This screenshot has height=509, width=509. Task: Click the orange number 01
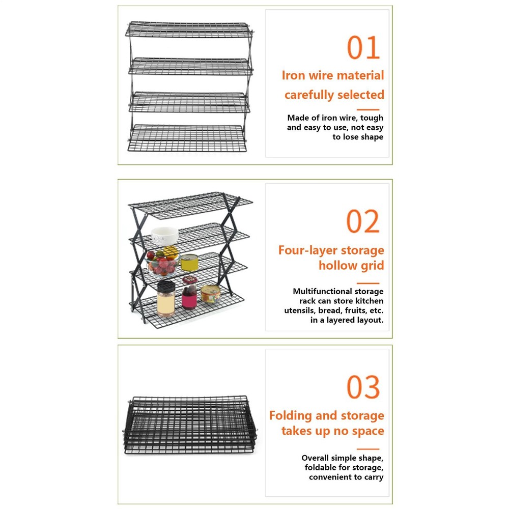pyautogui.click(x=363, y=48)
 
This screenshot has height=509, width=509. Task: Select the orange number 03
pyautogui.click(x=363, y=388)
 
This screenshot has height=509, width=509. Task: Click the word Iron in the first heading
pyautogui.click(x=293, y=76)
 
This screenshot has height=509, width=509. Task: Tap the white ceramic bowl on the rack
pyautogui.click(x=165, y=236)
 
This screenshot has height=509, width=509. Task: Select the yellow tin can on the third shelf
pyautogui.click(x=189, y=262)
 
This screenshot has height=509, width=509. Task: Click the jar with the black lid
pyautogui.click(x=166, y=299)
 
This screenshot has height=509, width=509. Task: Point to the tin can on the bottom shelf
pyautogui.click(x=211, y=294)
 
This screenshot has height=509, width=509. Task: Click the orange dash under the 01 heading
pyautogui.click(x=367, y=109)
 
